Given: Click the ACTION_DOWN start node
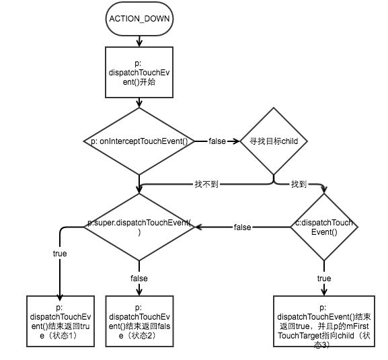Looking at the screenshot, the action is coord(139,19).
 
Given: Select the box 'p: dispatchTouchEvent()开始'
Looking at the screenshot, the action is coord(139,72).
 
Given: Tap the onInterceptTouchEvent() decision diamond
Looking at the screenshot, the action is coord(139,141).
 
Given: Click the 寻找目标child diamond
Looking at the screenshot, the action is coord(274,141).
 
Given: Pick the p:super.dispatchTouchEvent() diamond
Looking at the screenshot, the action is coord(139,227).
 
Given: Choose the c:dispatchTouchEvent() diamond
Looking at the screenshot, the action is coord(324,227).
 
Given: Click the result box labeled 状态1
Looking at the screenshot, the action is coord(61,322).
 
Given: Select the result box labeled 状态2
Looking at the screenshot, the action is coord(139,322).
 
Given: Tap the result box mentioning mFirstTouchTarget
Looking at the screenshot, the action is coord(324,322).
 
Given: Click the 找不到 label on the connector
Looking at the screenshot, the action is coord(206,184).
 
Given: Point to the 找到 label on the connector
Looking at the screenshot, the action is coord(299,184).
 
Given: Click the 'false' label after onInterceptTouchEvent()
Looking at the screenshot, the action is coord(217,141).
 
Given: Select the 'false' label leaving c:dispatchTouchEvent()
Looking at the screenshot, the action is coord(243,227).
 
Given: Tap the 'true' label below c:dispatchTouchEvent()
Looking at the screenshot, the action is coord(324,279).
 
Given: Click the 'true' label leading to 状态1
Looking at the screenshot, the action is coord(60,254).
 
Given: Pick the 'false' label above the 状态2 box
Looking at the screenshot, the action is coord(139,279).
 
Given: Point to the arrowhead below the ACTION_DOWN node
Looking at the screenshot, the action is coord(139,43).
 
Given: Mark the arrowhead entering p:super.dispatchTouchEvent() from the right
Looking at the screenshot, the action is coord(198,227).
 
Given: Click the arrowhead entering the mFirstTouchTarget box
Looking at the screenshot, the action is coord(324,292).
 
